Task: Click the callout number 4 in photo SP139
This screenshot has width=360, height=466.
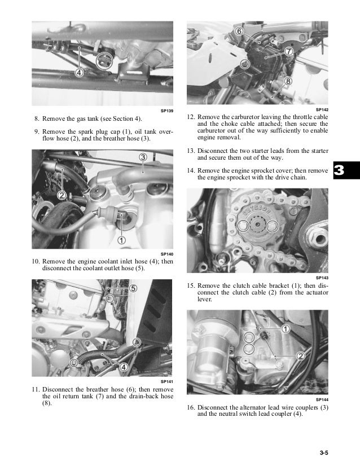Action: click(79, 72)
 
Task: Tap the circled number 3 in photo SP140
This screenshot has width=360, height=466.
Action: click(143, 157)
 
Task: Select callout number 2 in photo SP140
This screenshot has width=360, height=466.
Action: click(62, 195)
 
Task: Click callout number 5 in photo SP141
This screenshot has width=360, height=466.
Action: click(133, 288)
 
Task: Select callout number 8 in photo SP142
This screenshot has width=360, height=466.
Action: click(288, 81)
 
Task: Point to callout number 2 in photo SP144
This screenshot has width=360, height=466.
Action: click(300, 355)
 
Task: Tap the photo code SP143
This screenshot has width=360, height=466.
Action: click(322, 278)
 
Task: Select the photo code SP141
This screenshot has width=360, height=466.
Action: click(166, 381)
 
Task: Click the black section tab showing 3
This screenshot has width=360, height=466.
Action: click(346, 170)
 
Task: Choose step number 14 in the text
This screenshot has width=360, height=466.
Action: click(191, 170)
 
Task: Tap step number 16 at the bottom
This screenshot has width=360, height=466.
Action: click(191, 407)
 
